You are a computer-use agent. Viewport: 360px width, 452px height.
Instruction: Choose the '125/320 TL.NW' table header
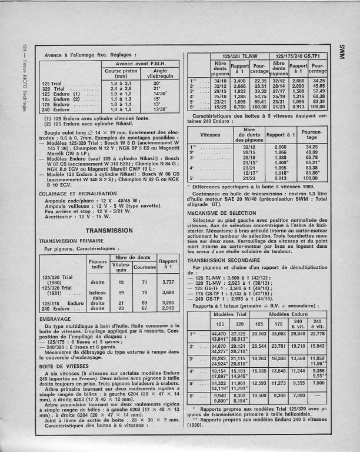click(x=235, y=55)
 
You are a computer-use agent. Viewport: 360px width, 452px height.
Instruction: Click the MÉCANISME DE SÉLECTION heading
click(x=221, y=212)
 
